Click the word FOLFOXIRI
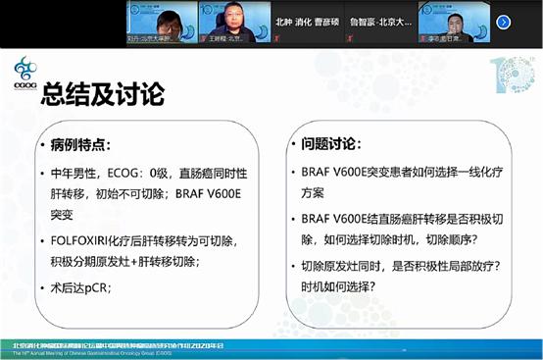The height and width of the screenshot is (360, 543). pyautogui.click(x=84, y=240)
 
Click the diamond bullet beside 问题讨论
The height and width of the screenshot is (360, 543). pyautogui.click(x=293, y=145)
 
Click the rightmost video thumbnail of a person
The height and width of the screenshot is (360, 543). pyautogui.click(x=454, y=21)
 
